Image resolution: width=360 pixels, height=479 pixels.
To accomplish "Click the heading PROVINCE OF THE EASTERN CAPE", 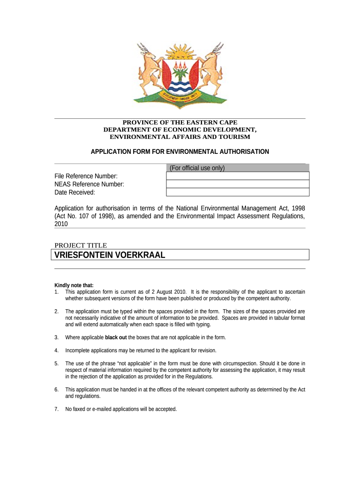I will [180, 123].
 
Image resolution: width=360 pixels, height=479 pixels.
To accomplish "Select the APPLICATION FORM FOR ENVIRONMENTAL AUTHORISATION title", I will [180, 152].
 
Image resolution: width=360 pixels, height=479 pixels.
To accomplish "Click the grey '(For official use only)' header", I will [197, 168].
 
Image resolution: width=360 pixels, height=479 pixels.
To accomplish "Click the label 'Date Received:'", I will [75, 192].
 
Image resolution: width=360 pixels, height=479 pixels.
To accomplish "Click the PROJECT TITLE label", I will [81, 245].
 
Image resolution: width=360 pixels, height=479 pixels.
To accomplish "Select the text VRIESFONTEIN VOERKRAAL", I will [110, 255].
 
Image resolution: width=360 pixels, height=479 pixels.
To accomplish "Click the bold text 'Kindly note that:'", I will [74, 285].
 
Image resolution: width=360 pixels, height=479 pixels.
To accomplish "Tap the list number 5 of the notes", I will [56, 363].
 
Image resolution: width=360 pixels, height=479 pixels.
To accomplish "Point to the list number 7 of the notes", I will [56, 409].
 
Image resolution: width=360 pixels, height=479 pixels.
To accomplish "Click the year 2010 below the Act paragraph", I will [61, 224].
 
